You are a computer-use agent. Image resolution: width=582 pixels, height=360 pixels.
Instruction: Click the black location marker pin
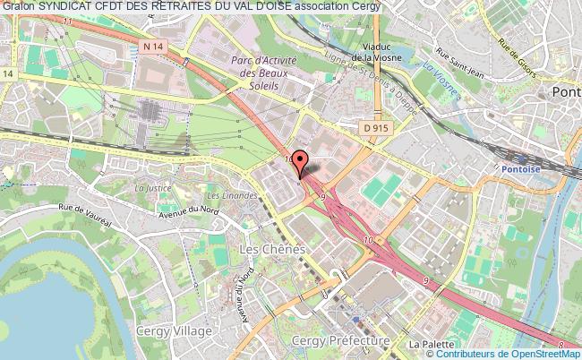pyautogui.click(x=302, y=163)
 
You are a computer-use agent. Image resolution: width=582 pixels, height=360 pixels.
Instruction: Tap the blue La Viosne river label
pyautogui.click(x=441, y=68)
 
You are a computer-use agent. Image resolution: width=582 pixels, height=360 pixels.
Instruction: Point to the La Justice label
pyautogui.click(x=151, y=189)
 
